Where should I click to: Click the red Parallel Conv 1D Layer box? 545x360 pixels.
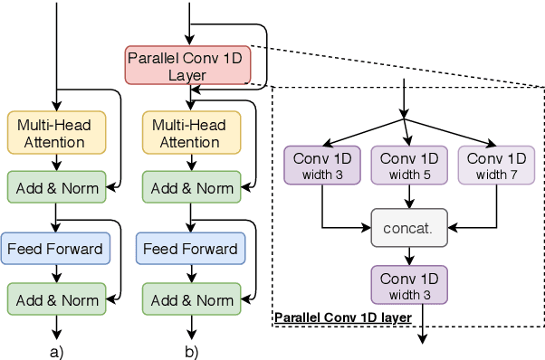186,64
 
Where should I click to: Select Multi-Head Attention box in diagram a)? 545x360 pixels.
56,133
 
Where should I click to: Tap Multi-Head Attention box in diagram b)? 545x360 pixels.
191,133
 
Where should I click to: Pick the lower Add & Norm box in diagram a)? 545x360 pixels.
56,299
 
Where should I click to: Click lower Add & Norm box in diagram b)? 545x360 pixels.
191,299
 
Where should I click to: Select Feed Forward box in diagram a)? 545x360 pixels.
56,248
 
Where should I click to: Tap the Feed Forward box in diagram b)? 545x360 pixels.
191,248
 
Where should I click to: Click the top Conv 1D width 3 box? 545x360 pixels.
323,165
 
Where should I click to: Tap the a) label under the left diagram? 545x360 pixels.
57,349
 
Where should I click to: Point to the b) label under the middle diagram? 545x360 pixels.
191,349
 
